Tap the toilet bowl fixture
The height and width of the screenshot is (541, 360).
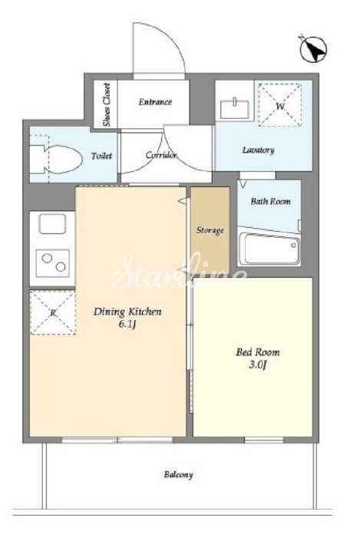(56, 159)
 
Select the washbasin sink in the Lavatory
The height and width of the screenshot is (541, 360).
(235, 107)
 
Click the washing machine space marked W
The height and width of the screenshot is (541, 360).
(280, 105)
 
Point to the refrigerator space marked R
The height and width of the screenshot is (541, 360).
(52, 312)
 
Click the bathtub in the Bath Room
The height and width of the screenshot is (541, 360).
(269, 248)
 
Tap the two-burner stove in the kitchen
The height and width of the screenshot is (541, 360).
(53, 262)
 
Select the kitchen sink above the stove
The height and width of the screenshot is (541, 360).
(52, 223)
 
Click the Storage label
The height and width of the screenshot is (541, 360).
(210, 230)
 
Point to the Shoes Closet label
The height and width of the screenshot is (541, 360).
(107, 104)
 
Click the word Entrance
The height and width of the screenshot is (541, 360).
(155, 102)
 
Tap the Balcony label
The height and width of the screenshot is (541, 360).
(178, 475)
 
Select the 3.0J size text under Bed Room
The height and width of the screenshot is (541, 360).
(258, 365)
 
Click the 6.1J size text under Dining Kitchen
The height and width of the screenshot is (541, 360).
(127, 324)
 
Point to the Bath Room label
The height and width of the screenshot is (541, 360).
(271, 201)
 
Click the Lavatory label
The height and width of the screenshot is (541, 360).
(258, 150)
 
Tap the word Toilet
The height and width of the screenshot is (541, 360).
(102, 156)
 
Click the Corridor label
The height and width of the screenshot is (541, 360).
(161, 155)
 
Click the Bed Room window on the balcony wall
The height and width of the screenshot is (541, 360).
(264, 440)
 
